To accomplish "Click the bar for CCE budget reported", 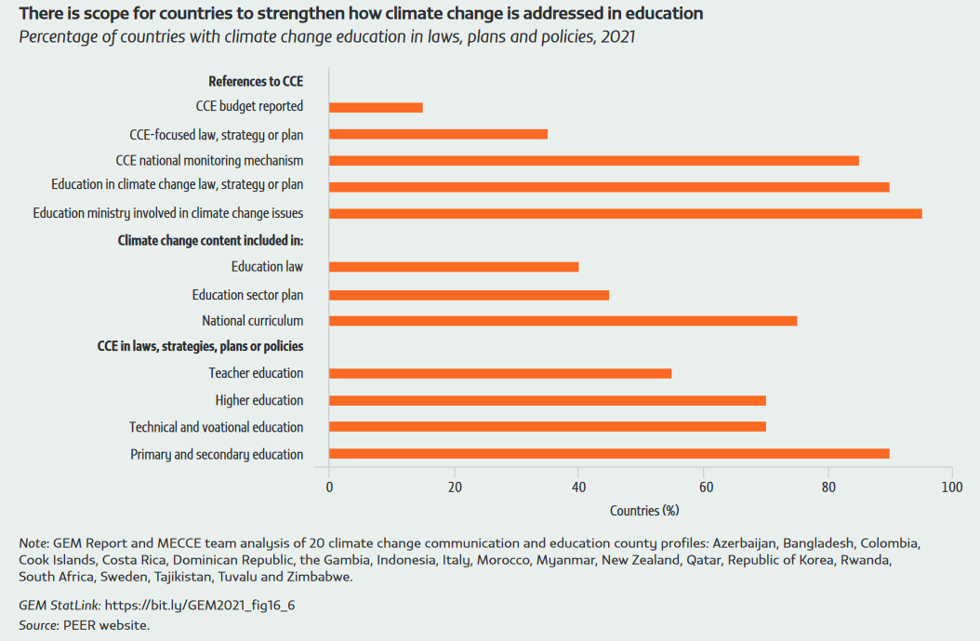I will pos(376,107).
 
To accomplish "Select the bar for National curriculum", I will pos(563,321).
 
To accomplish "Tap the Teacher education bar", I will pos(500,373).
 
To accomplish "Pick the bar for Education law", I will pos(454,267).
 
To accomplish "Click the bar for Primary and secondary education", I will pos(609,454).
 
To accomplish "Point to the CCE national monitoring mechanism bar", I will pos(593,160).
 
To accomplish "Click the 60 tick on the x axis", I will pos(703,487).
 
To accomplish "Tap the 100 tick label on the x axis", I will pos(951,487).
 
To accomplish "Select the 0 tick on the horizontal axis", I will pos(329,487).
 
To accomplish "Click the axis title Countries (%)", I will pos(644,511).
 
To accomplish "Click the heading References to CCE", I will pos(256,81).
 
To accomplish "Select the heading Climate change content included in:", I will pos(210,240).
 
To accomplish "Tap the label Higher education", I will pos(258,400).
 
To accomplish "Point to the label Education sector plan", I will pos(247,295).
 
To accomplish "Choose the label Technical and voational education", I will pos(216,427).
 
